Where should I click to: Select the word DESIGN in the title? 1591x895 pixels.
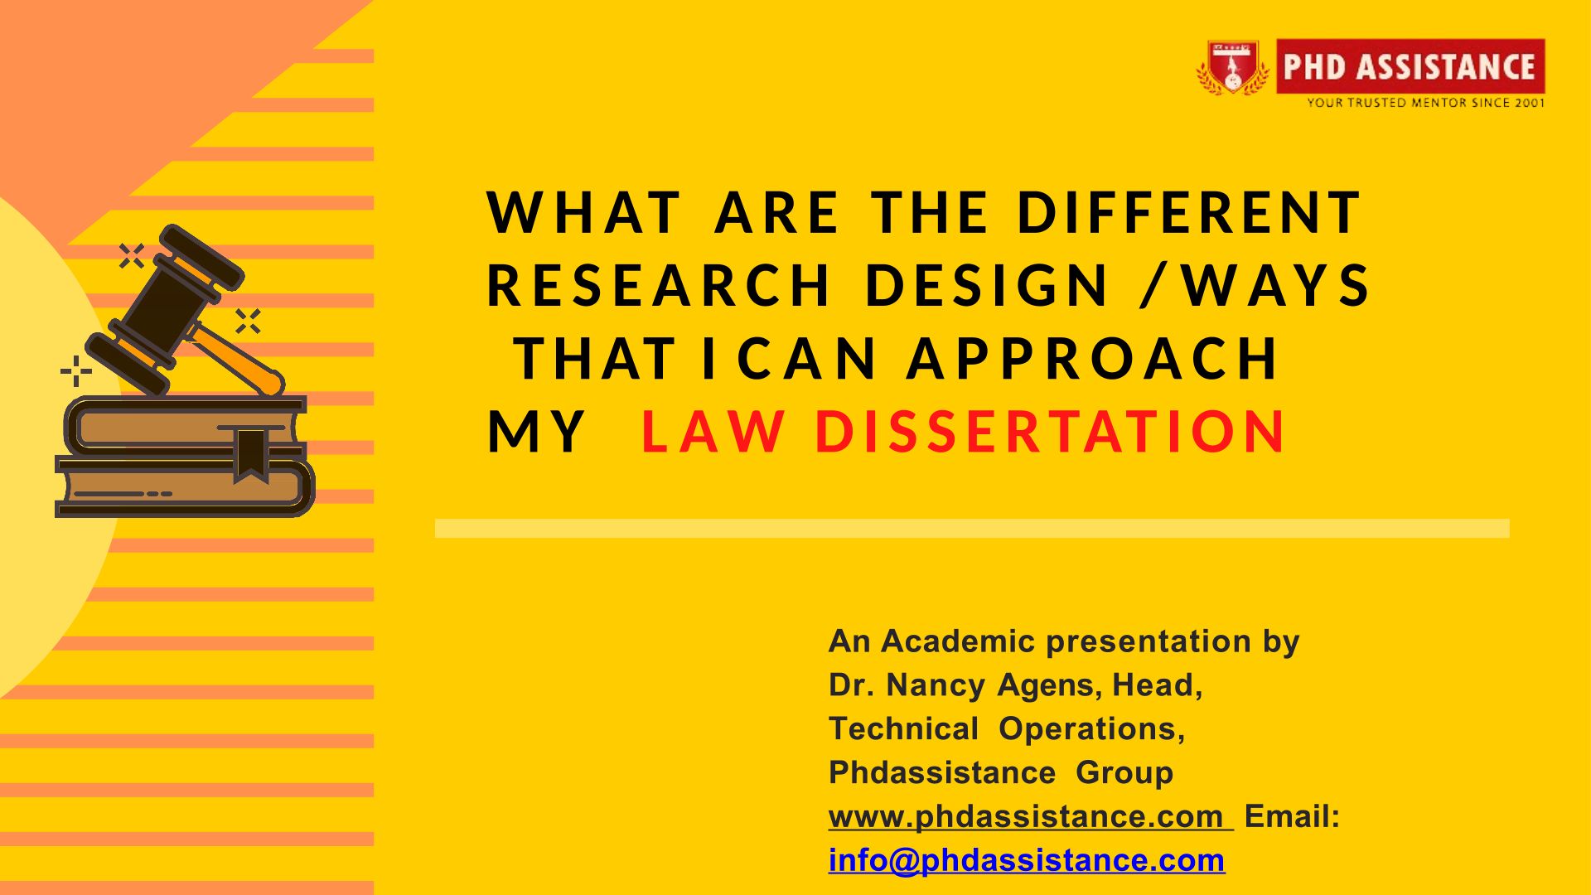click(986, 285)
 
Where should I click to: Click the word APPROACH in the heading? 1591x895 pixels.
click(1092, 358)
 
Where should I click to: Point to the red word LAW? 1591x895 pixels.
click(713, 431)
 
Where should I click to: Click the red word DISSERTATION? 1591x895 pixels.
click(1050, 431)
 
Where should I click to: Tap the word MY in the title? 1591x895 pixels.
click(537, 431)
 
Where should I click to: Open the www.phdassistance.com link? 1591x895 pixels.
click(1030, 817)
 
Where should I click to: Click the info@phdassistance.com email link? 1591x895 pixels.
click(1027, 861)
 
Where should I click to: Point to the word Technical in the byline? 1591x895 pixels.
click(904, 729)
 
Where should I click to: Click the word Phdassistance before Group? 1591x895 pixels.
click(942, 773)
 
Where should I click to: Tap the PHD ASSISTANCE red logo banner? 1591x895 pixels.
click(1410, 66)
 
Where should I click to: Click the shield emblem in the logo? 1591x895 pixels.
click(1232, 66)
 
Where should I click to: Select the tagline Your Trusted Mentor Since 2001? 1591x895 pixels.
click(1426, 103)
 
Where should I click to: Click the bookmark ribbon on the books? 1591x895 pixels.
click(250, 454)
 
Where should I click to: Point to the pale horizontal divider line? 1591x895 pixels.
click(972, 529)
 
